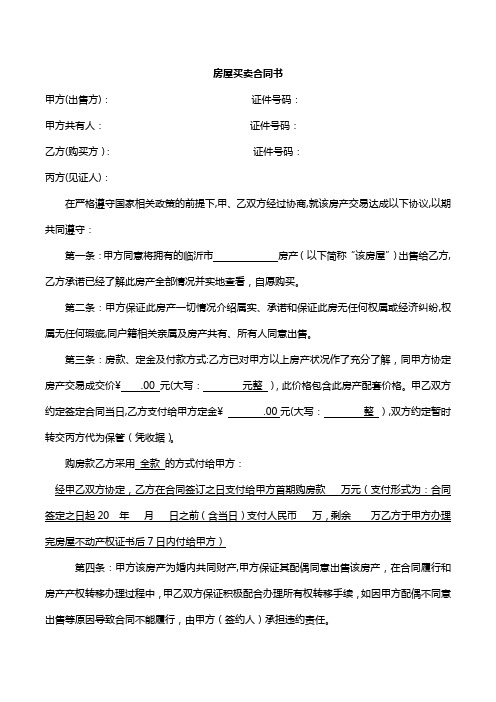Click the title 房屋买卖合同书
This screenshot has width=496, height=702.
pyautogui.click(x=247, y=74)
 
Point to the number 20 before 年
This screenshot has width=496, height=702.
pyautogui.click(x=103, y=515)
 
